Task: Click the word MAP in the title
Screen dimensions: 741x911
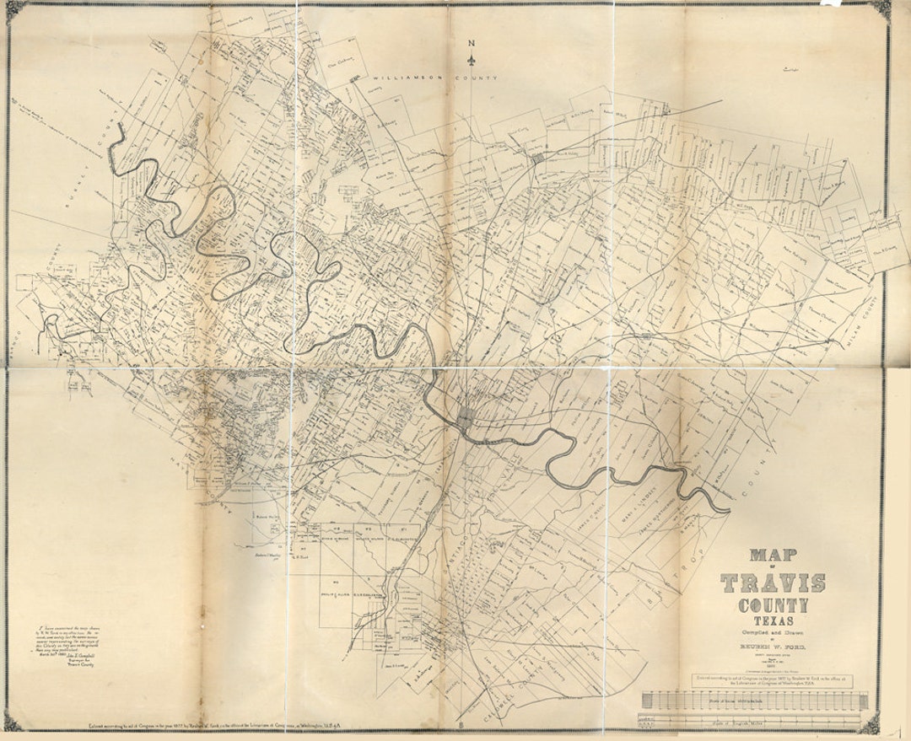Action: pos(773,556)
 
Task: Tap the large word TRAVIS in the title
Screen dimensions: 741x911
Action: pos(773,583)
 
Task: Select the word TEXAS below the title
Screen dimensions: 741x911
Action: pos(773,620)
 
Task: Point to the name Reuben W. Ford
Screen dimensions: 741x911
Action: pos(773,647)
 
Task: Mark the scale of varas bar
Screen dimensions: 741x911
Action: pos(754,701)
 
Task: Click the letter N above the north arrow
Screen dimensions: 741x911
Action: pos(472,45)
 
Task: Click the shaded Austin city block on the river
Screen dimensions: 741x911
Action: pos(466,416)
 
